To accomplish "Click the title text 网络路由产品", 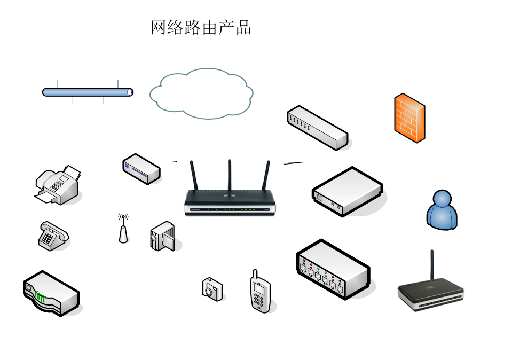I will [201, 28].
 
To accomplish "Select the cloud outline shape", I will [201, 93].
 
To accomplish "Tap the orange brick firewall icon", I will [409, 118].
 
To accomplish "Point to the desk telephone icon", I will [53, 236].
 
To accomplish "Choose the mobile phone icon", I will [260, 293].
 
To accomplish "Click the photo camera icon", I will [212, 289].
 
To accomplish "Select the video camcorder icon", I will [162, 236].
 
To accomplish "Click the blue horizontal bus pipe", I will [88, 92].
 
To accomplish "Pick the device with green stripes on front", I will [51, 293].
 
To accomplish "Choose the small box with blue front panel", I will [141, 168].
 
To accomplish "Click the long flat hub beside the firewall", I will [317, 127].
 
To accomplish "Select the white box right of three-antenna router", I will [347, 191].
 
